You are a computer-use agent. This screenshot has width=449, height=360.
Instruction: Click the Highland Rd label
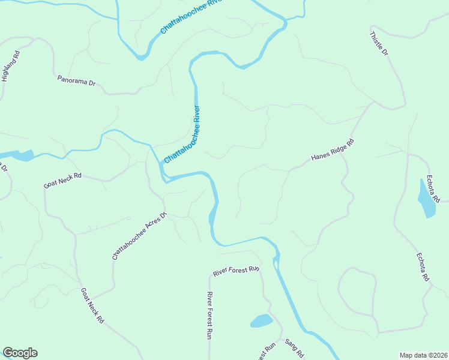point(11,65)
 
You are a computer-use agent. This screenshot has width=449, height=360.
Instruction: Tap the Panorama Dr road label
point(76,80)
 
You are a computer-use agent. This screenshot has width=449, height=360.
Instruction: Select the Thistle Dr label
point(379,43)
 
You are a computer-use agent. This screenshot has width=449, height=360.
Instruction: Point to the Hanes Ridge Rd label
point(333,150)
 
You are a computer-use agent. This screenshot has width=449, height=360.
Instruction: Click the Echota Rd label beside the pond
point(433,188)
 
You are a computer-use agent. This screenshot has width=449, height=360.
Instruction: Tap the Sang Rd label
point(294,348)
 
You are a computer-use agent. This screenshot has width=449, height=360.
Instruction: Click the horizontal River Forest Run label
point(236,271)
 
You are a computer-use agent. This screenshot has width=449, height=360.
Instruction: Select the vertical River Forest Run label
point(209,314)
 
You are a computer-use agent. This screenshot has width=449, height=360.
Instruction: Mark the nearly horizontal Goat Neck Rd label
point(62,181)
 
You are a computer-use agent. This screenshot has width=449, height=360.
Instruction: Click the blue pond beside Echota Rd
point(427,199)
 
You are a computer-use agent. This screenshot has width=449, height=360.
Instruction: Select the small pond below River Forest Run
point(261,321)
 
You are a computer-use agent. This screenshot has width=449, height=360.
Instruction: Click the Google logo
point(20,353)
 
